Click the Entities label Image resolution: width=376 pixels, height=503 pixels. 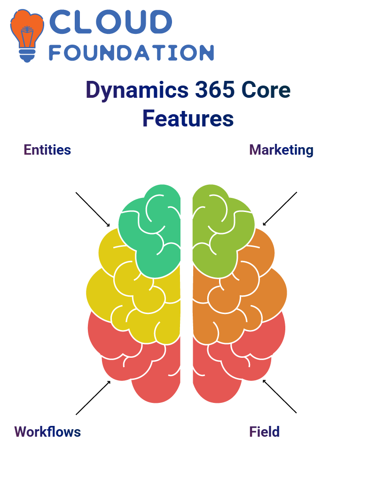(47, 150)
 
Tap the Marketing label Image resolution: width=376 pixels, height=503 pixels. (282, 150)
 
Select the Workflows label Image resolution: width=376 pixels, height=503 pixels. (47, 432)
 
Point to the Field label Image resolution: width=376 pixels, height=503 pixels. (264, 432)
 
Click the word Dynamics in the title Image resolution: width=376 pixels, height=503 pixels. (137, 91)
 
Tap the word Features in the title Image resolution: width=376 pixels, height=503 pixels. (188, 118)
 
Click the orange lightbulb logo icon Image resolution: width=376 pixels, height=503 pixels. (27, 35)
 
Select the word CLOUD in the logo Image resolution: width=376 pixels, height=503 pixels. (110, 22)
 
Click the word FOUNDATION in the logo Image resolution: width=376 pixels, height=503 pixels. (131, 53)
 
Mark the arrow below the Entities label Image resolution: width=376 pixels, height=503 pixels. (93, 210)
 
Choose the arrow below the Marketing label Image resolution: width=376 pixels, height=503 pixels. (280, 209)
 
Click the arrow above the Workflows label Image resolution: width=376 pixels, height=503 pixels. (93, 398)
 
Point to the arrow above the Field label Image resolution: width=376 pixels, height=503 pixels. (280, 396)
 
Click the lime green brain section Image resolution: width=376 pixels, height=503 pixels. (221, 231)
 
